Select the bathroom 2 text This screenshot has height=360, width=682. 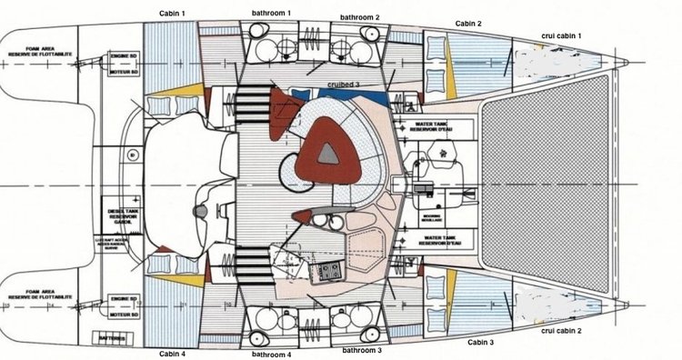point(360,16)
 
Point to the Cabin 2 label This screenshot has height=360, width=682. point(467,23)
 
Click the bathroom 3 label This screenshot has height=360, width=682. point(362,348)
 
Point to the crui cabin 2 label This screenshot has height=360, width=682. point(560,331)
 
